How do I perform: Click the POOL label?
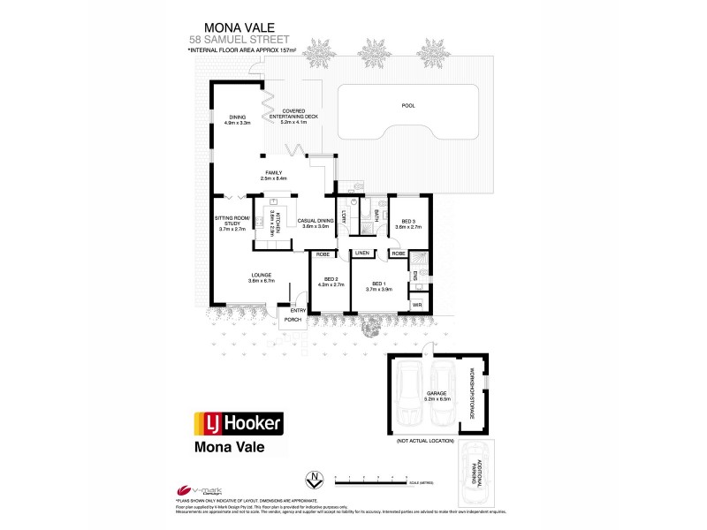click(407, 105)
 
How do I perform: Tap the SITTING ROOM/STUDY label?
click(233, 223)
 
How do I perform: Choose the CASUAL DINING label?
click(315, 223)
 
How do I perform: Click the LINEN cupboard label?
click(362, 253)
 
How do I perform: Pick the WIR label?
click(417, 304)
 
